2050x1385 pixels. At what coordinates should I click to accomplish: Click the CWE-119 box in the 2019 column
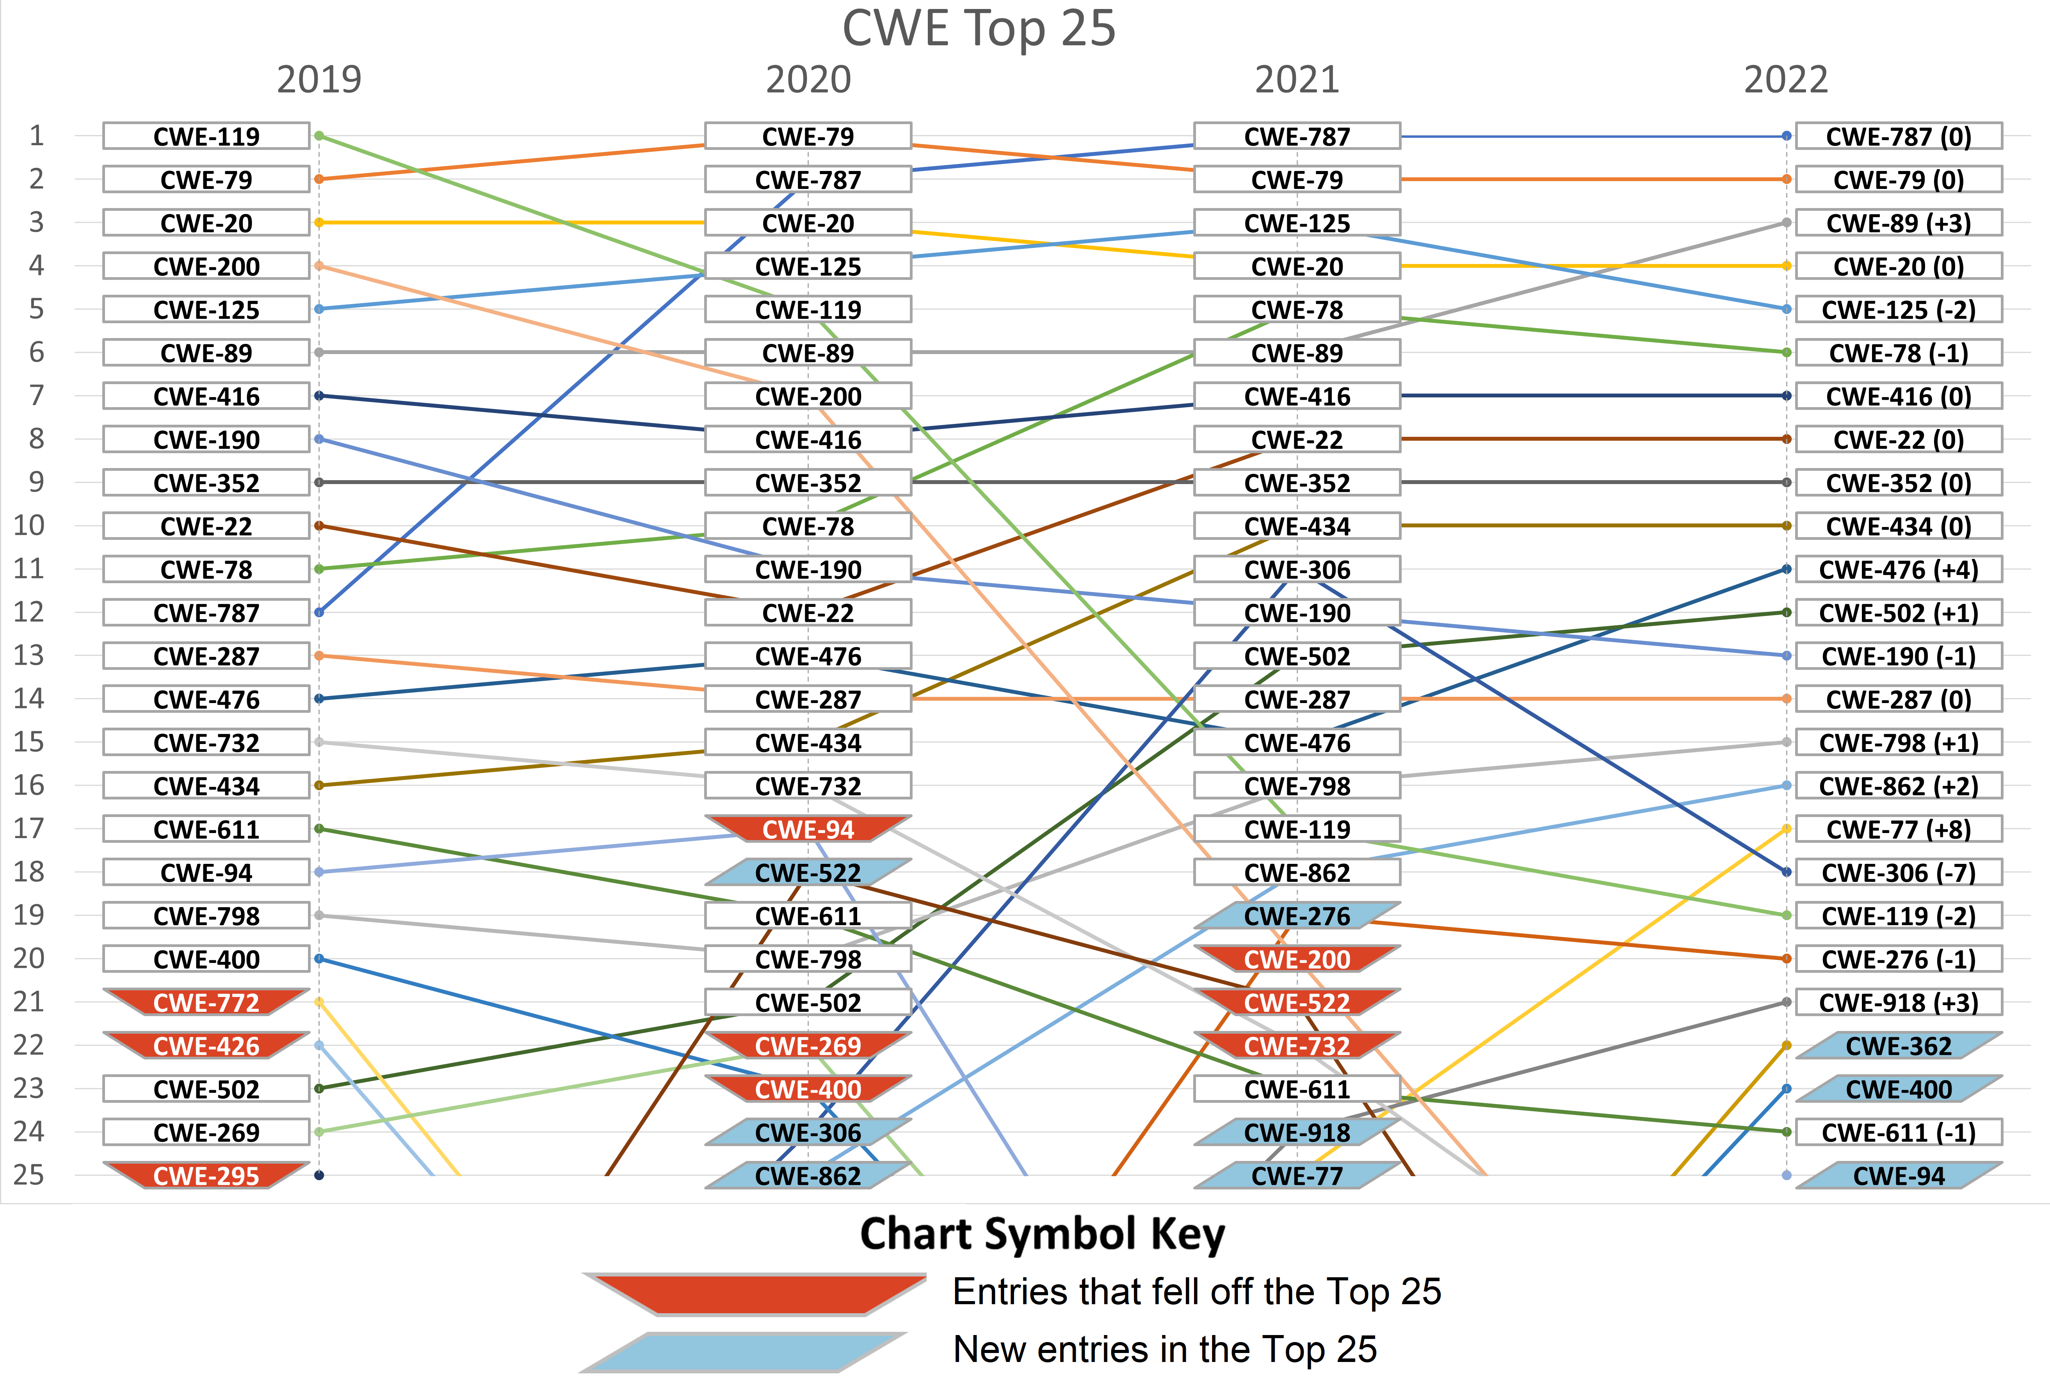tap(206, 136)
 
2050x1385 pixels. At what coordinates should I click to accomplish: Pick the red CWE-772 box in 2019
tap(206, 1002)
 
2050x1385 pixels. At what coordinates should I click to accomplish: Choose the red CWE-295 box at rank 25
tap(206, 1175)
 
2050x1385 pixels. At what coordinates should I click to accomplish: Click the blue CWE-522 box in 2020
tap(808, 872)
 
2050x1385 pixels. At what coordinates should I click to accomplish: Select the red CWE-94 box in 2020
tap(808, 829)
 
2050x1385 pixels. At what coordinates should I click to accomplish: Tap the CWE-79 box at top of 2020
tap(808, 136)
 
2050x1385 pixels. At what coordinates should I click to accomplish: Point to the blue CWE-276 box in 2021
tap(1297, 916)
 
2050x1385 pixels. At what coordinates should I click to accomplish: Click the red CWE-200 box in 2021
tap(1297, 959)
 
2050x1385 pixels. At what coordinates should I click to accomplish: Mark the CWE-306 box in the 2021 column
tap(1297, 569)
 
